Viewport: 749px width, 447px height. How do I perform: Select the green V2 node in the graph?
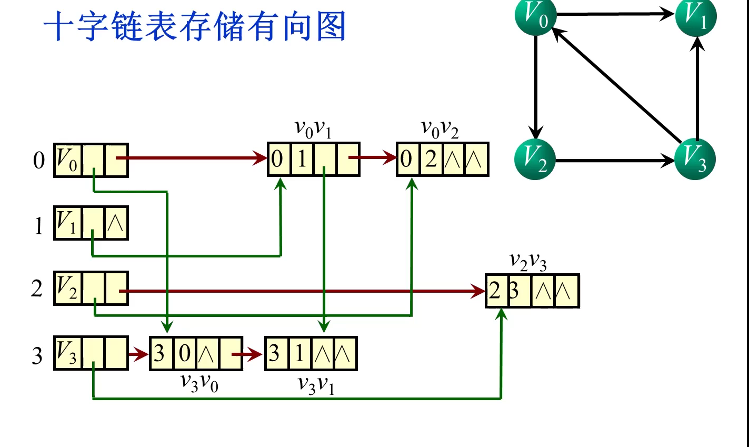535,160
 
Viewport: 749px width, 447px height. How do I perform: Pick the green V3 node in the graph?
695,160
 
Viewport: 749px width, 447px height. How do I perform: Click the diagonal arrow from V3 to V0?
616,86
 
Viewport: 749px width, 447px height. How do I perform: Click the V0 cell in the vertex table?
67,160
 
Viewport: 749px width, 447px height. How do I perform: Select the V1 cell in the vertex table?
67,223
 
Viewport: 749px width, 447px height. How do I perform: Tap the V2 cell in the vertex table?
67,289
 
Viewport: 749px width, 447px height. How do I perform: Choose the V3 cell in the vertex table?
67,353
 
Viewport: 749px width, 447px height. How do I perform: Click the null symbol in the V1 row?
116,223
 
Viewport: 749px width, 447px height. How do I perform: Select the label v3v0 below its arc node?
199,383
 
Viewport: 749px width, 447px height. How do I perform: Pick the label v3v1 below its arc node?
316,384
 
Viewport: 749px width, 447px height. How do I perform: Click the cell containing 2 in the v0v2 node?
431,159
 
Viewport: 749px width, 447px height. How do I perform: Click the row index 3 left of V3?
37,356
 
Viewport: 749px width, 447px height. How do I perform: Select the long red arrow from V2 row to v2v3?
300,291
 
